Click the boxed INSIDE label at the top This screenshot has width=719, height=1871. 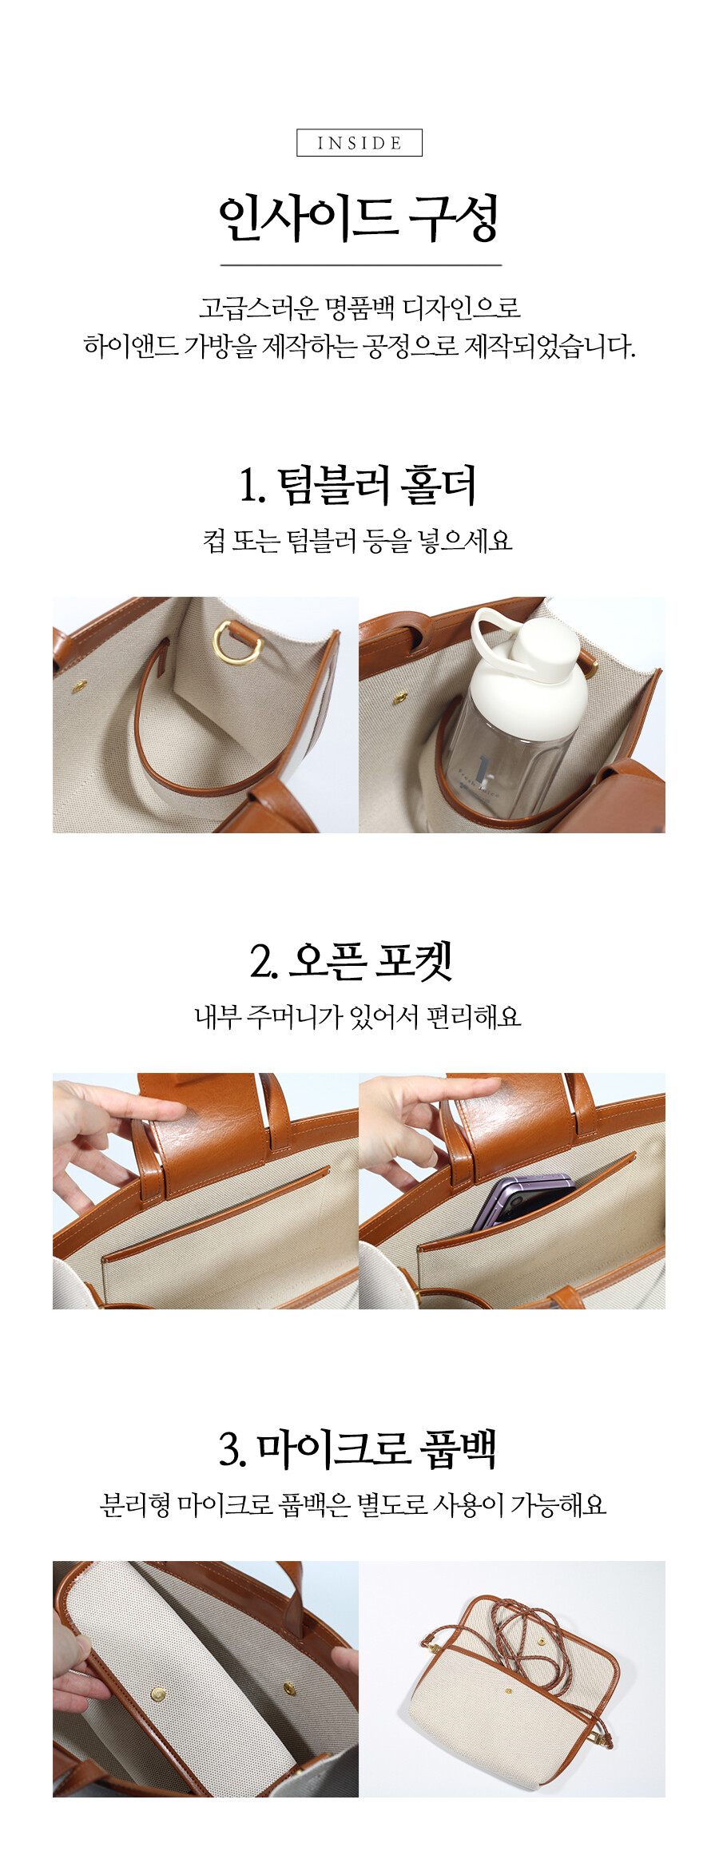pyautogui.click(x=359, y=143)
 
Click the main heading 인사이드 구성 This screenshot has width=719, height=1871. pyautogui.click(x=359, y=217)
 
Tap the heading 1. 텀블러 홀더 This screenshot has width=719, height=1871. pyautogui.click(x=358, y=485)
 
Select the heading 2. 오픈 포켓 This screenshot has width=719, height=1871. pyautogui.click(x=352, y=961)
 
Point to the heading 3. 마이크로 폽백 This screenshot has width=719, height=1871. pyautogui.click(x=358, y=1449)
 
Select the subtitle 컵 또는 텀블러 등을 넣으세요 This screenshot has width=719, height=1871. pyautogui.click(x=358, y=541)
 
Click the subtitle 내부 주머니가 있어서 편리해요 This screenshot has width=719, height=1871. pyautogui.click(x=358, y=1016)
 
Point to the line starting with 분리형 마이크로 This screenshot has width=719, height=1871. pyautogui.click(x=353, y=1505)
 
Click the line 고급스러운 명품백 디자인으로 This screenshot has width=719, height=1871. pyautogui.click(x=359, y=308)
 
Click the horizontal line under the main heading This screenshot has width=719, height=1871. pyautogui.click(x=361, y=264)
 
